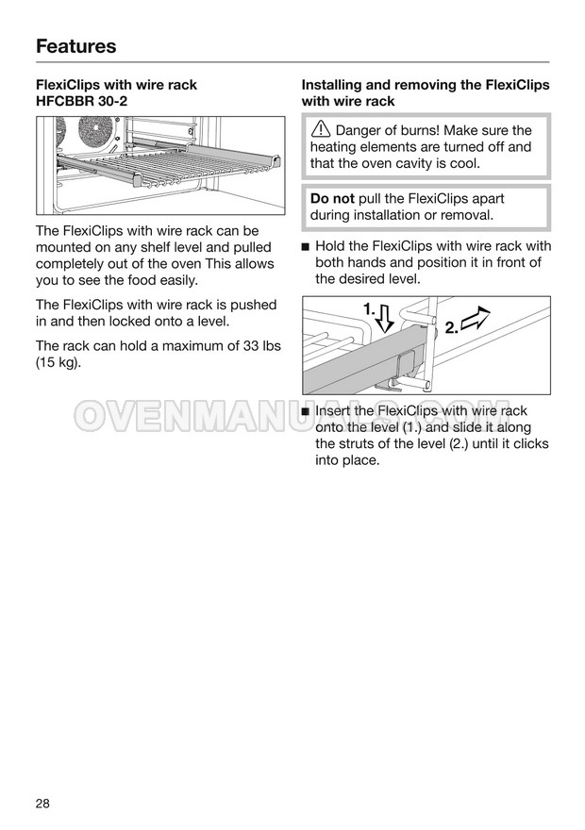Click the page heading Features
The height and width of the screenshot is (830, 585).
point(76,46)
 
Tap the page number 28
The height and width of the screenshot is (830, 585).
point(43,804)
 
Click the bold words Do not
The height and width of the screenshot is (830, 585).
point(332,199)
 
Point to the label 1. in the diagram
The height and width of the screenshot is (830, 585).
point(369,308)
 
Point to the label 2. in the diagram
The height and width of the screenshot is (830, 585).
point(451,327)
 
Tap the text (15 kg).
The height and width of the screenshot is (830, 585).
point(58,363)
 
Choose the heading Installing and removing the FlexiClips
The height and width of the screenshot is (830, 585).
point(426,85)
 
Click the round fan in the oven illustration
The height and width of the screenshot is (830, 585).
point(95,133)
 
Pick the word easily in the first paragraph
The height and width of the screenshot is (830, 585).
point(174,280)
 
